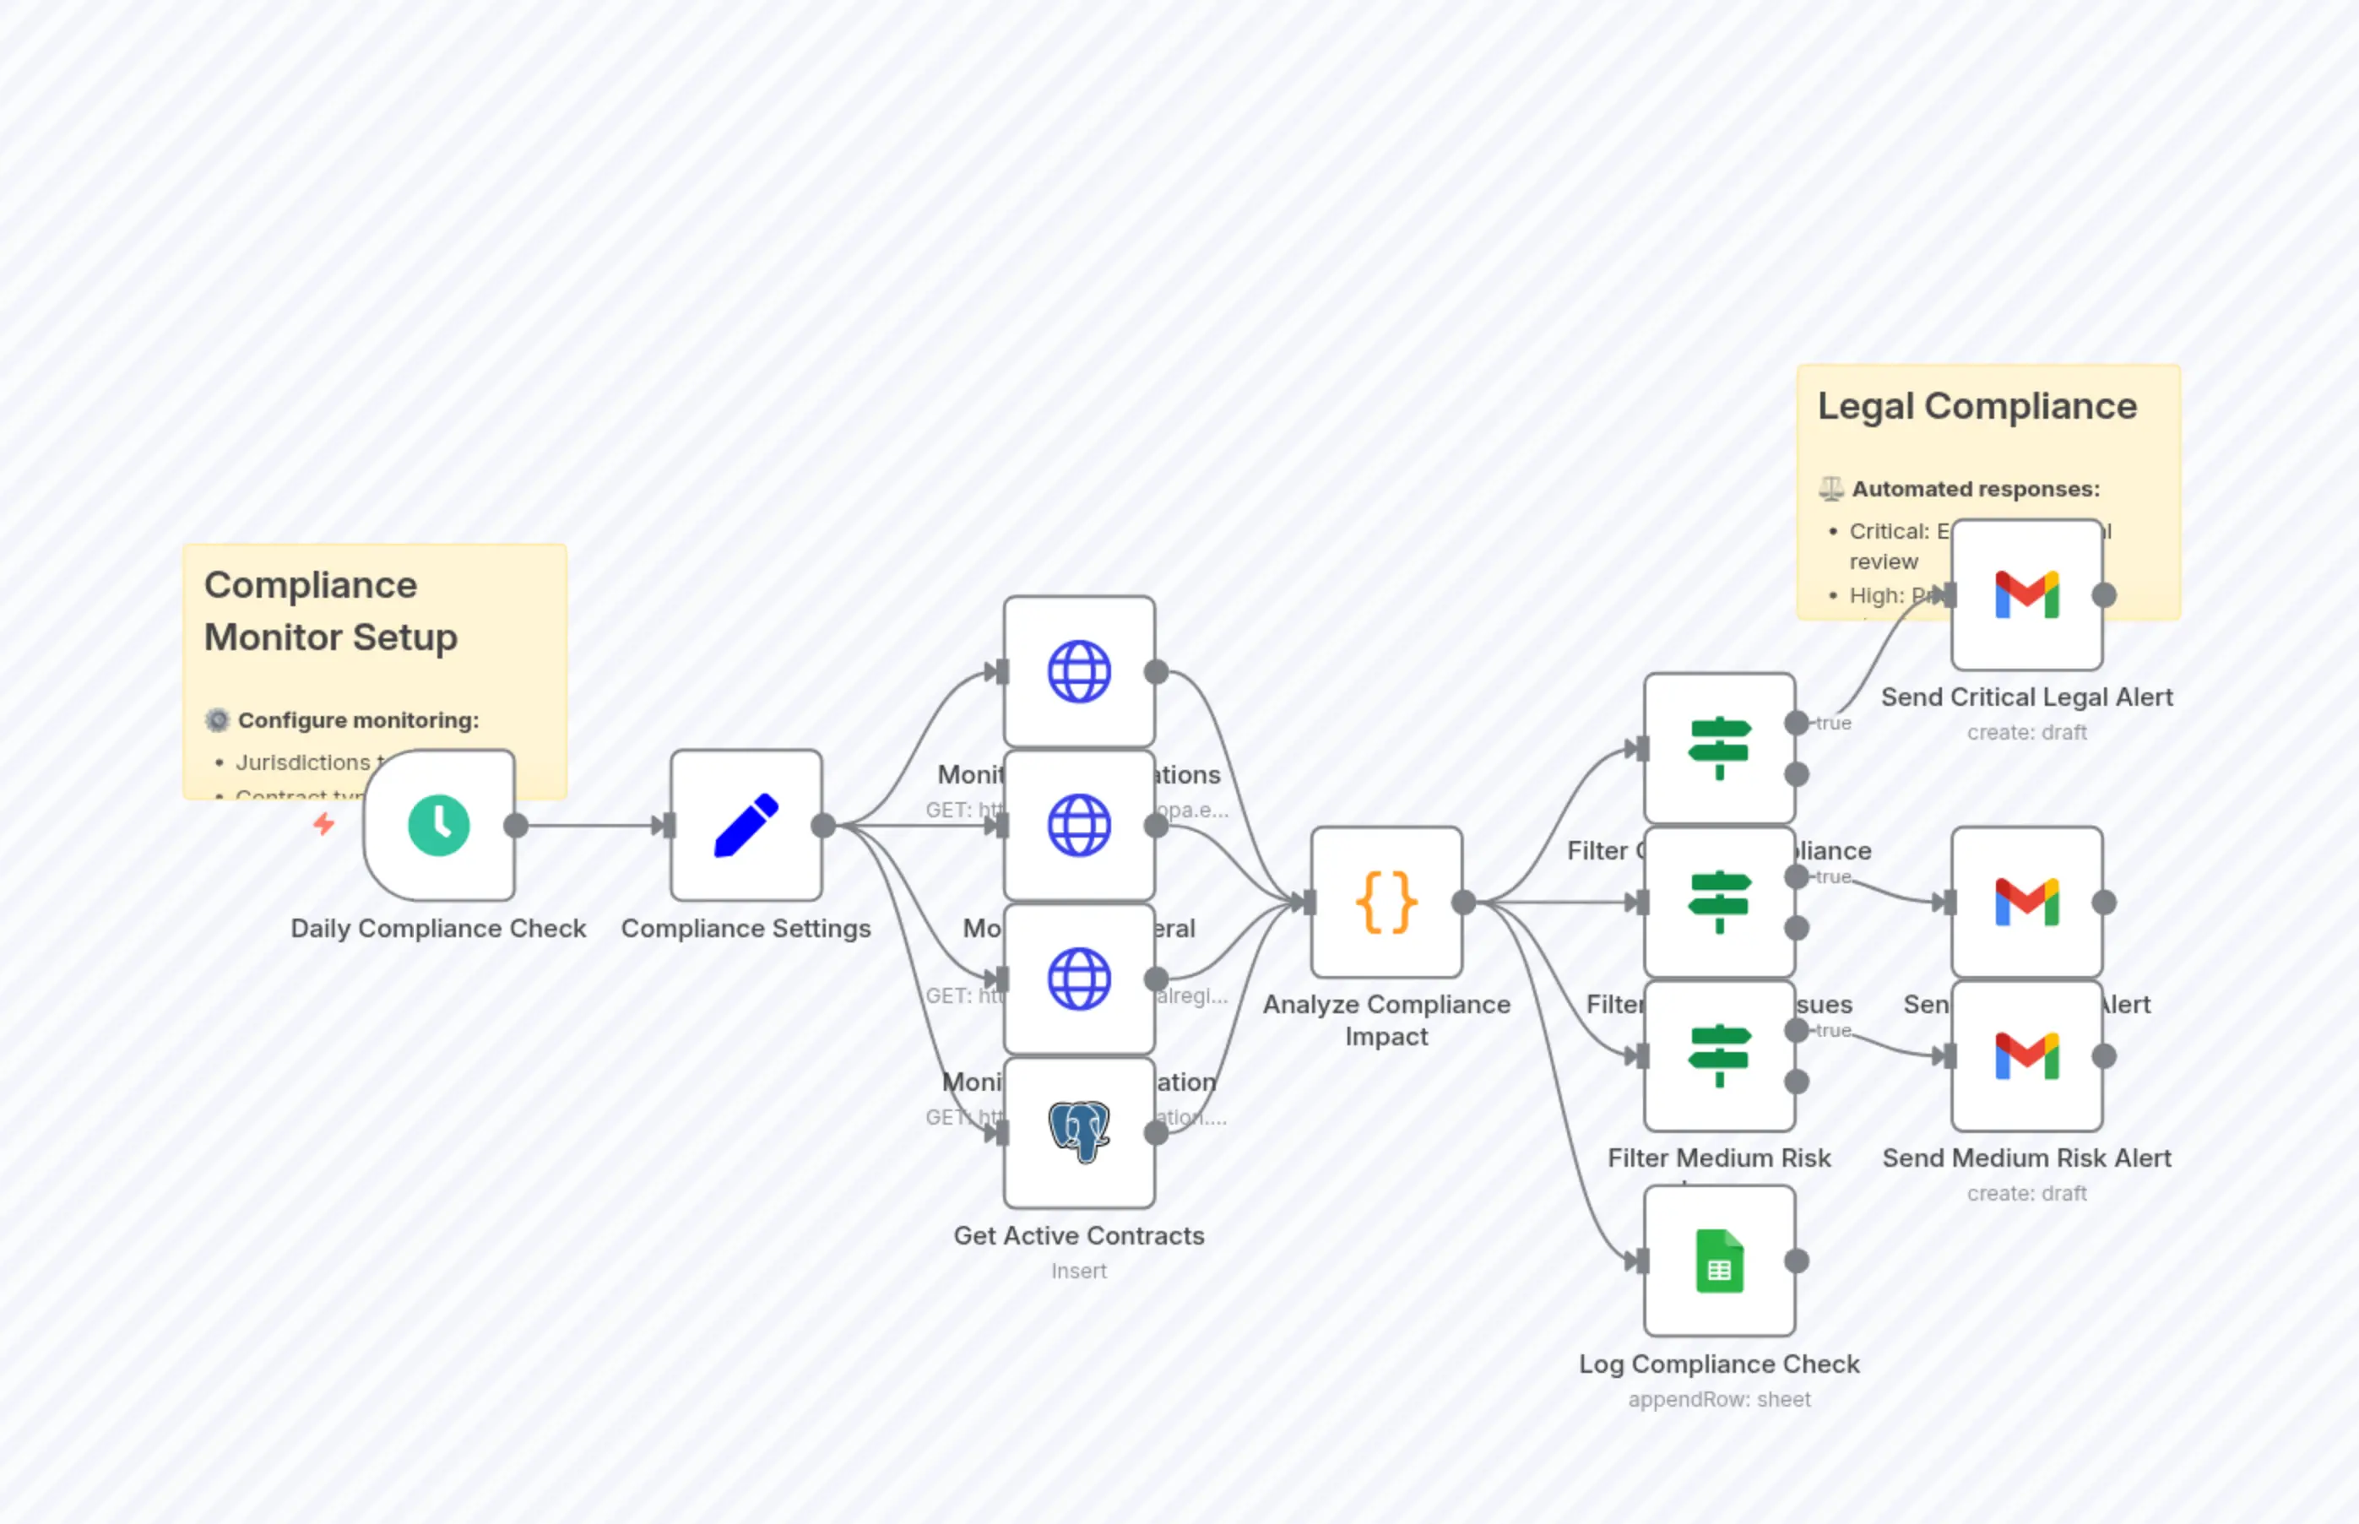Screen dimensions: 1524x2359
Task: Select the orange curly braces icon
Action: coord(1386,903)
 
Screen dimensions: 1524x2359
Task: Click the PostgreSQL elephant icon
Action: coord(1078,1131)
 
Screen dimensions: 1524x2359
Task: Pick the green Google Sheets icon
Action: coord(1719,1261)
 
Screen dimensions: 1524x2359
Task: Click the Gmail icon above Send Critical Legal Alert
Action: coord(2026,594)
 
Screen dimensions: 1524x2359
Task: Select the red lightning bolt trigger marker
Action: coord(323,823)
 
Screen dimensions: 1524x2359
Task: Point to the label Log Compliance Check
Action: coord(1719,1364)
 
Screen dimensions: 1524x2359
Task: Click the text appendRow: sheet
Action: coord(1719,1399)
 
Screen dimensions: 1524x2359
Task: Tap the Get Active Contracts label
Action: coord(1078,1235)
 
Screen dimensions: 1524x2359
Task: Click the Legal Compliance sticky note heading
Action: coord(1977,406)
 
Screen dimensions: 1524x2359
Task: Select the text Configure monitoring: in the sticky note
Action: coord(358,720)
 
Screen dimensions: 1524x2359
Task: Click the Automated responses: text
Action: coord(1975,489)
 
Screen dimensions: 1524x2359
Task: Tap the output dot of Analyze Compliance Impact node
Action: coord(1463,903)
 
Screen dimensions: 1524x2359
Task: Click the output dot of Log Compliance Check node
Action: coord(1797,1261)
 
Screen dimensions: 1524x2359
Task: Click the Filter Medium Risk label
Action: coord(1719,1158)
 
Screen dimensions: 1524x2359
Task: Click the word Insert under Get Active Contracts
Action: coord(1078,1271)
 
